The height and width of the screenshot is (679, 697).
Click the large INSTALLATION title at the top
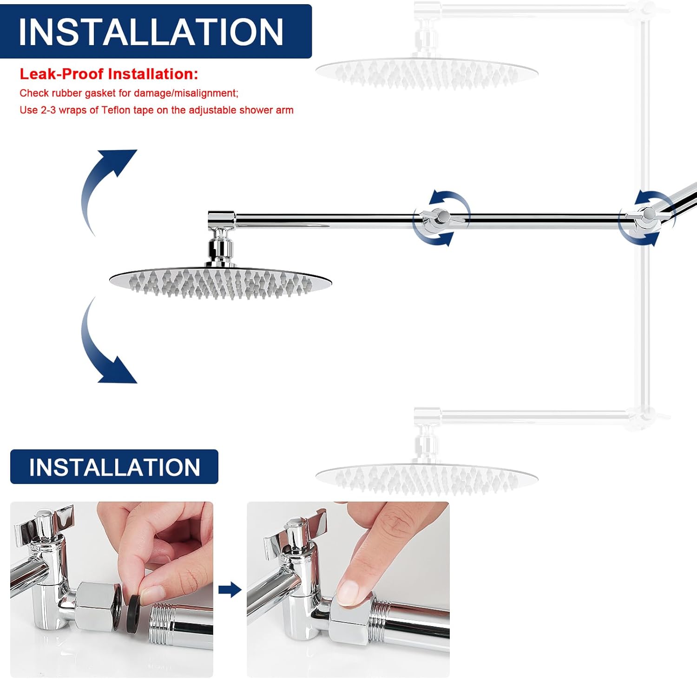pyautogui.click(x=151, y=32)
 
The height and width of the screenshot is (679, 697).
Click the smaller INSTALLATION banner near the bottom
pyautogui.click(x=114, y=467)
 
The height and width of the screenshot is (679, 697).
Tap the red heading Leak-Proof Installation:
pyautogui.click(x=109, y=74)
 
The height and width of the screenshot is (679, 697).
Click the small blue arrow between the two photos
pyautogui.click(x=230, y=590)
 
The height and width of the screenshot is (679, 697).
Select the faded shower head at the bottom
pyautogui.click(x=427, y=478)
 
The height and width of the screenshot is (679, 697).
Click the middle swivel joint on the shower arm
pyautogui.click(x=440, y=217)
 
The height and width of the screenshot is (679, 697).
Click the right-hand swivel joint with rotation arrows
pyautogui.click(x=647, y=215)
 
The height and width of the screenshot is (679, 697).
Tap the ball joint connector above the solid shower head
pyautogui.click(x=220, y=246)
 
